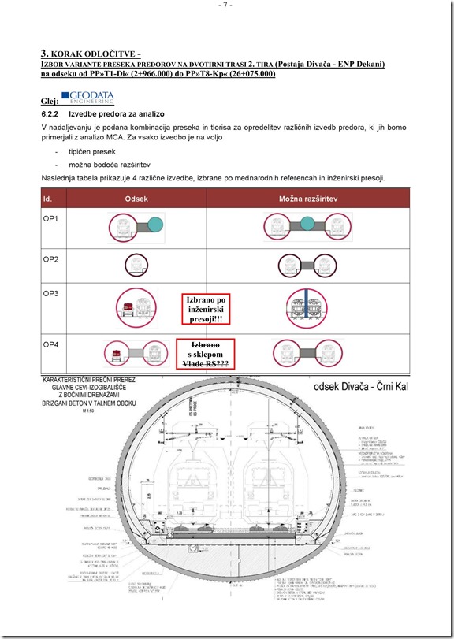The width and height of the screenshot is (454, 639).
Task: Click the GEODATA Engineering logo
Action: [87, 97]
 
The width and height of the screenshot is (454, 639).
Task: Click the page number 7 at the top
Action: [226, 6]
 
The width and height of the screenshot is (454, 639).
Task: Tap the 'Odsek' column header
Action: [136, 199]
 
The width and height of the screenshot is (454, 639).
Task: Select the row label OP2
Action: [51, 258]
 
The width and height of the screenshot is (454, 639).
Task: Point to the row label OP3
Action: [51, 293]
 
